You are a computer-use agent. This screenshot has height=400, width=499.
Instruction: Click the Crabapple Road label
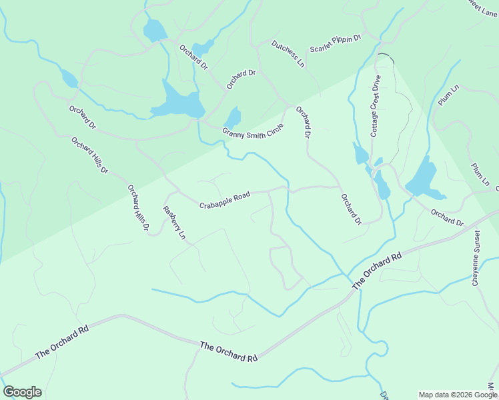[224, 200]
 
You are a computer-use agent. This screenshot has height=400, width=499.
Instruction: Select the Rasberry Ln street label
[173, 223]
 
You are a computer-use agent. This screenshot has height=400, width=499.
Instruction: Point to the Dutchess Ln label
[288, 54]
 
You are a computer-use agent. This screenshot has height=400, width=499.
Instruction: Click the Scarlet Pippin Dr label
[335, 43]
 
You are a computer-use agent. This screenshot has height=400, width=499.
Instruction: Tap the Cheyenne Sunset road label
[476, 259]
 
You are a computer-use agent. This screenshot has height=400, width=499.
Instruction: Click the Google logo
[22, 392]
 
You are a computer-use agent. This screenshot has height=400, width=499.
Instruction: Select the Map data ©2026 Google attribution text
[458, 395]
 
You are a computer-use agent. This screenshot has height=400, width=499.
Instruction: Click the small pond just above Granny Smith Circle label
[233, 117]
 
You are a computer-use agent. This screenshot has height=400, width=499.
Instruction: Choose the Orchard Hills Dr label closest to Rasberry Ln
[138, 208]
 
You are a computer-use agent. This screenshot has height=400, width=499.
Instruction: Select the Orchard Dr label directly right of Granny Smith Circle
[304, 123]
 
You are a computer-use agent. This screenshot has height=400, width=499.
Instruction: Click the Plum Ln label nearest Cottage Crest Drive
[450, 95]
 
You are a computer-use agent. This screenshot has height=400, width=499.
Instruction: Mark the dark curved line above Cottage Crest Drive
[385, 57]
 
